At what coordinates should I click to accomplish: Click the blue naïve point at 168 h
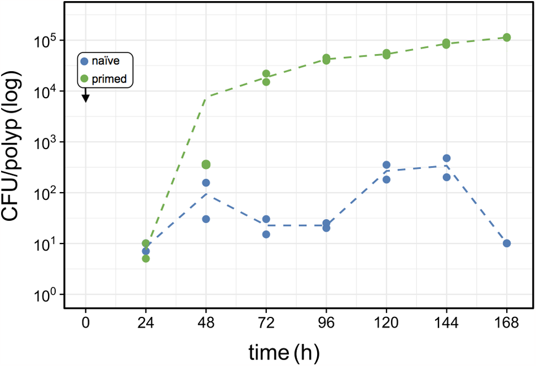pos(507,243)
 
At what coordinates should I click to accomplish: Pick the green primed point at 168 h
pos(507,37)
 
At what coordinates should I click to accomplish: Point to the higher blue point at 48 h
pos(206,183)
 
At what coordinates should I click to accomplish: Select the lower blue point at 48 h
pos(206,219)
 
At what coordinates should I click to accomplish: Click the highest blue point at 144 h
pos(446,158)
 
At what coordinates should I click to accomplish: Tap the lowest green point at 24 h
pos(146,259)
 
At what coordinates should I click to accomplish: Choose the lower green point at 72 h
pos(266,82)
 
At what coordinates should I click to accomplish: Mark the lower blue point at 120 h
pos(386,180)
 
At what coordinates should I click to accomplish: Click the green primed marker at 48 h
pos(206,164)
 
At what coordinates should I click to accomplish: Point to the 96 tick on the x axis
pos(326,323)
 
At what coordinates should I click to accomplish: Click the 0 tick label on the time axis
pos(86,323)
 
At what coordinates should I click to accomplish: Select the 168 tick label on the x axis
pos(507,323)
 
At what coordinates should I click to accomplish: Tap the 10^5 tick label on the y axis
pos(45,41)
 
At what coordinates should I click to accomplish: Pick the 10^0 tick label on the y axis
pos(45,294)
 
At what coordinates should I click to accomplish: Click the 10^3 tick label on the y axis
pos(45,142)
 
